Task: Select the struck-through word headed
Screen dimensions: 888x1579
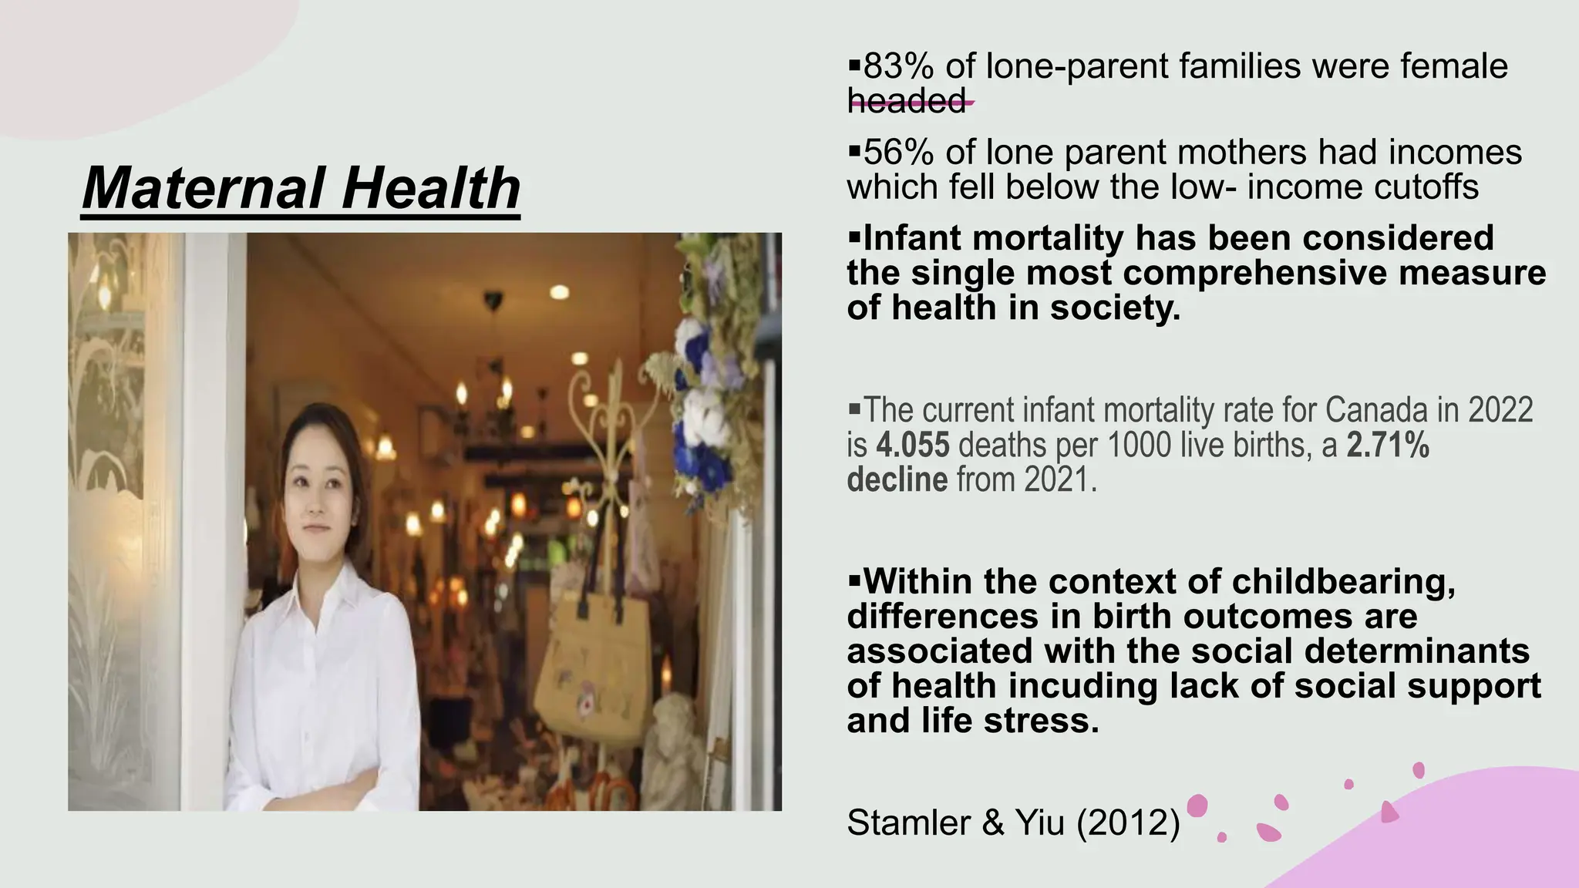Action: tap(907, 101)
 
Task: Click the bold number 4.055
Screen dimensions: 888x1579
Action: tap(913, 446)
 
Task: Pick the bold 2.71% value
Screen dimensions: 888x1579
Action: tap(1388, 446)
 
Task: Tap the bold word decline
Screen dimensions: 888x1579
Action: tap(897, 479)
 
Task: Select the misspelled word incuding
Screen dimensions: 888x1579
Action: tap(1086, 685)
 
